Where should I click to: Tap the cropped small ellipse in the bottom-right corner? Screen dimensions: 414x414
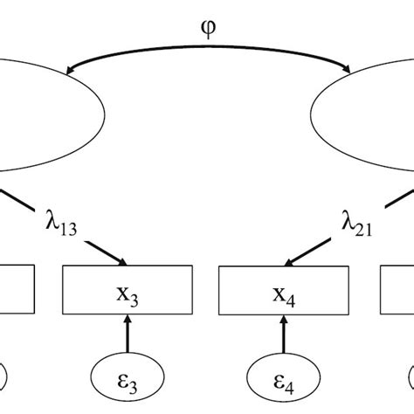pos(409,379)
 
